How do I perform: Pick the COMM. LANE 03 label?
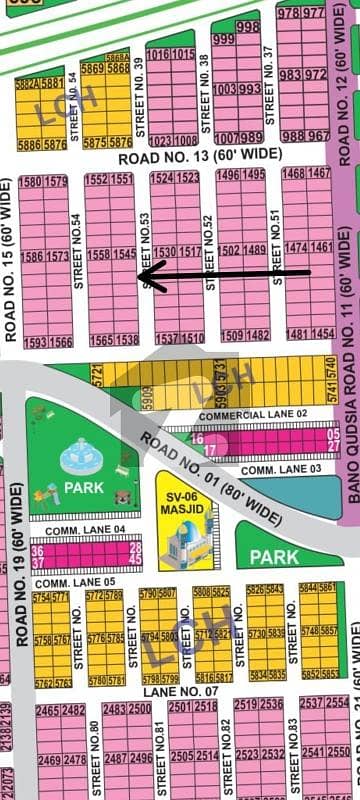click(x=271, y=469)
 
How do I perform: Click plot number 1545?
click(x=125, y=255)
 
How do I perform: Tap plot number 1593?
click(x=32, y=341)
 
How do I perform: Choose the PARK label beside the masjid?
click(x=274, y=556)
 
